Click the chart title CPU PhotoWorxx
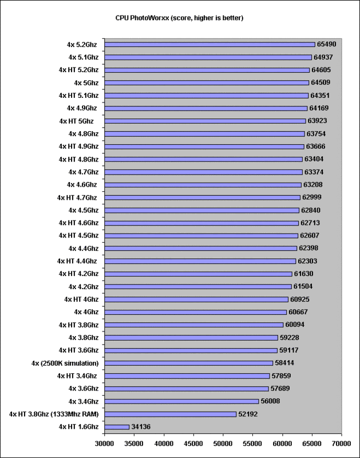[179, 18]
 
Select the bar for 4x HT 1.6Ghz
[117, 427]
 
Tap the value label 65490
[326, 44]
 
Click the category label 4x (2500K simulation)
[65, 364]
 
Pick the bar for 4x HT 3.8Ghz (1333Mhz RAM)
[170, 414]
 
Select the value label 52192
[248, 414]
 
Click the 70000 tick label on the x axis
[341, 443]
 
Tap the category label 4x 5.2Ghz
[82, 45]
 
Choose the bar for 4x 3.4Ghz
[181, 402]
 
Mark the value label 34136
[141, 427]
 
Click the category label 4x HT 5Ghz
[76, 121]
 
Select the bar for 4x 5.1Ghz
[208, 58]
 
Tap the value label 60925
[299, 299]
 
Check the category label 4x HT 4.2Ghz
[78, 274]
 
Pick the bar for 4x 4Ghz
[196, 312]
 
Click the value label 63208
[312, 184]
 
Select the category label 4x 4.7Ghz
[84, 172]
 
